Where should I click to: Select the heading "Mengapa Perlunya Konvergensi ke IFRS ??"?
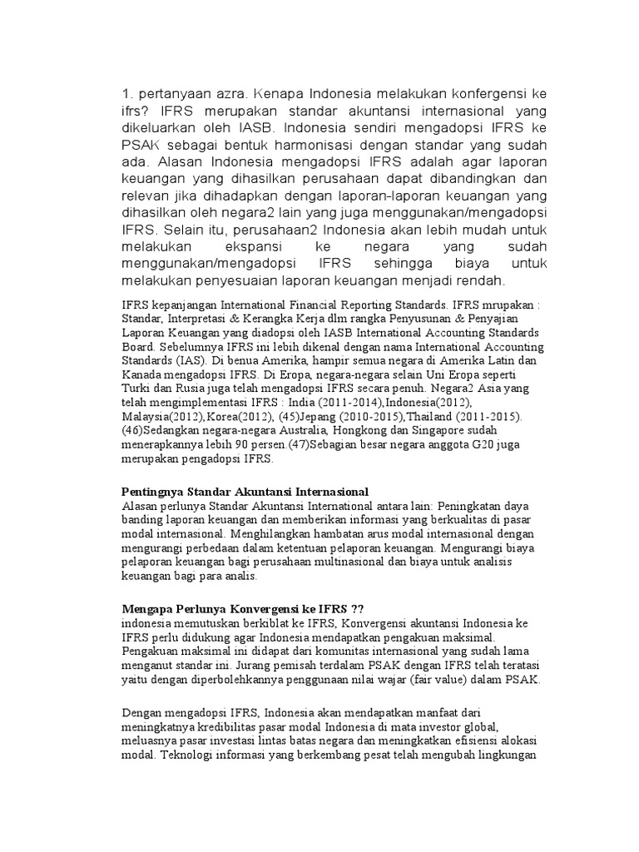tap(243, 609)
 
